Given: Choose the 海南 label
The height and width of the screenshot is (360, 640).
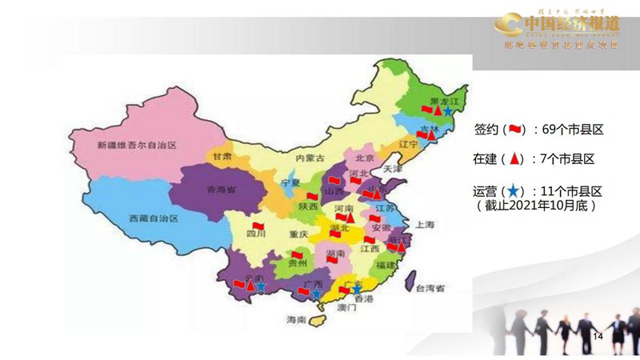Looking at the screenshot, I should pos(296,320).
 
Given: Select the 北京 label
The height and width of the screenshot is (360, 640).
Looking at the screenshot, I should pos(365,158).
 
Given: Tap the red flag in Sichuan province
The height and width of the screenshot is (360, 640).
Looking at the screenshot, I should pos(258,225).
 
